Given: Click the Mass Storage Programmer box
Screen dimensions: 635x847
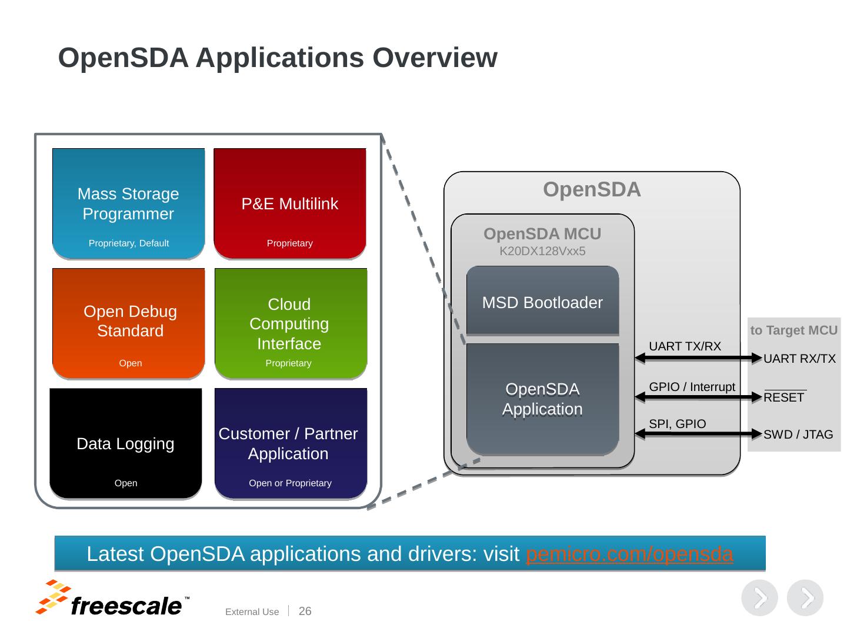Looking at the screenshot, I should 128,203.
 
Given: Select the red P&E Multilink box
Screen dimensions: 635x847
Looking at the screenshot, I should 289,203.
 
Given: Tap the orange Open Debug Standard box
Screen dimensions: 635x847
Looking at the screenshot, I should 129,322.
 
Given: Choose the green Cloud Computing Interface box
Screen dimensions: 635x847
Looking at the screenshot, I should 290,323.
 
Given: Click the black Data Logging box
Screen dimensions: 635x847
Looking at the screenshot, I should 125,443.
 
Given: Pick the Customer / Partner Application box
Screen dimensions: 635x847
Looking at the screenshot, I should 289,443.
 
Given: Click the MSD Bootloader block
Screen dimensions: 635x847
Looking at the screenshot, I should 542,302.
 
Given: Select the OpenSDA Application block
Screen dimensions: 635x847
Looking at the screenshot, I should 542,399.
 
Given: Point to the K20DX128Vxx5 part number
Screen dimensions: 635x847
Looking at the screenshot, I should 542,252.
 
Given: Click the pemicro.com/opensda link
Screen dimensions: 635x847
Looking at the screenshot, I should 629,554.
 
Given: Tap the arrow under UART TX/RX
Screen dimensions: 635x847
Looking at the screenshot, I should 699,357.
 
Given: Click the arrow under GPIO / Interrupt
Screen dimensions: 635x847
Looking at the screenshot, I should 699,397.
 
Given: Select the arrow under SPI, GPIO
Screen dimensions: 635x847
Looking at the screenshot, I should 699,434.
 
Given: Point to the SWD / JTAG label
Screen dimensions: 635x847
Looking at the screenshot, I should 798,435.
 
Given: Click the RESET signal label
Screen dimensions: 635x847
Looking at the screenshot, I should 784,397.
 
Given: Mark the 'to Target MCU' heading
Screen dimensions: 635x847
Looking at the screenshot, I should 793,330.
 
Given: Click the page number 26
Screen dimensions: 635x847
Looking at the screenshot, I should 305,611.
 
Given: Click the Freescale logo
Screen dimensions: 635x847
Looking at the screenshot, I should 112,599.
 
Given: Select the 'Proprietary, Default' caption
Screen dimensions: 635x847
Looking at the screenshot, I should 128,243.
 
